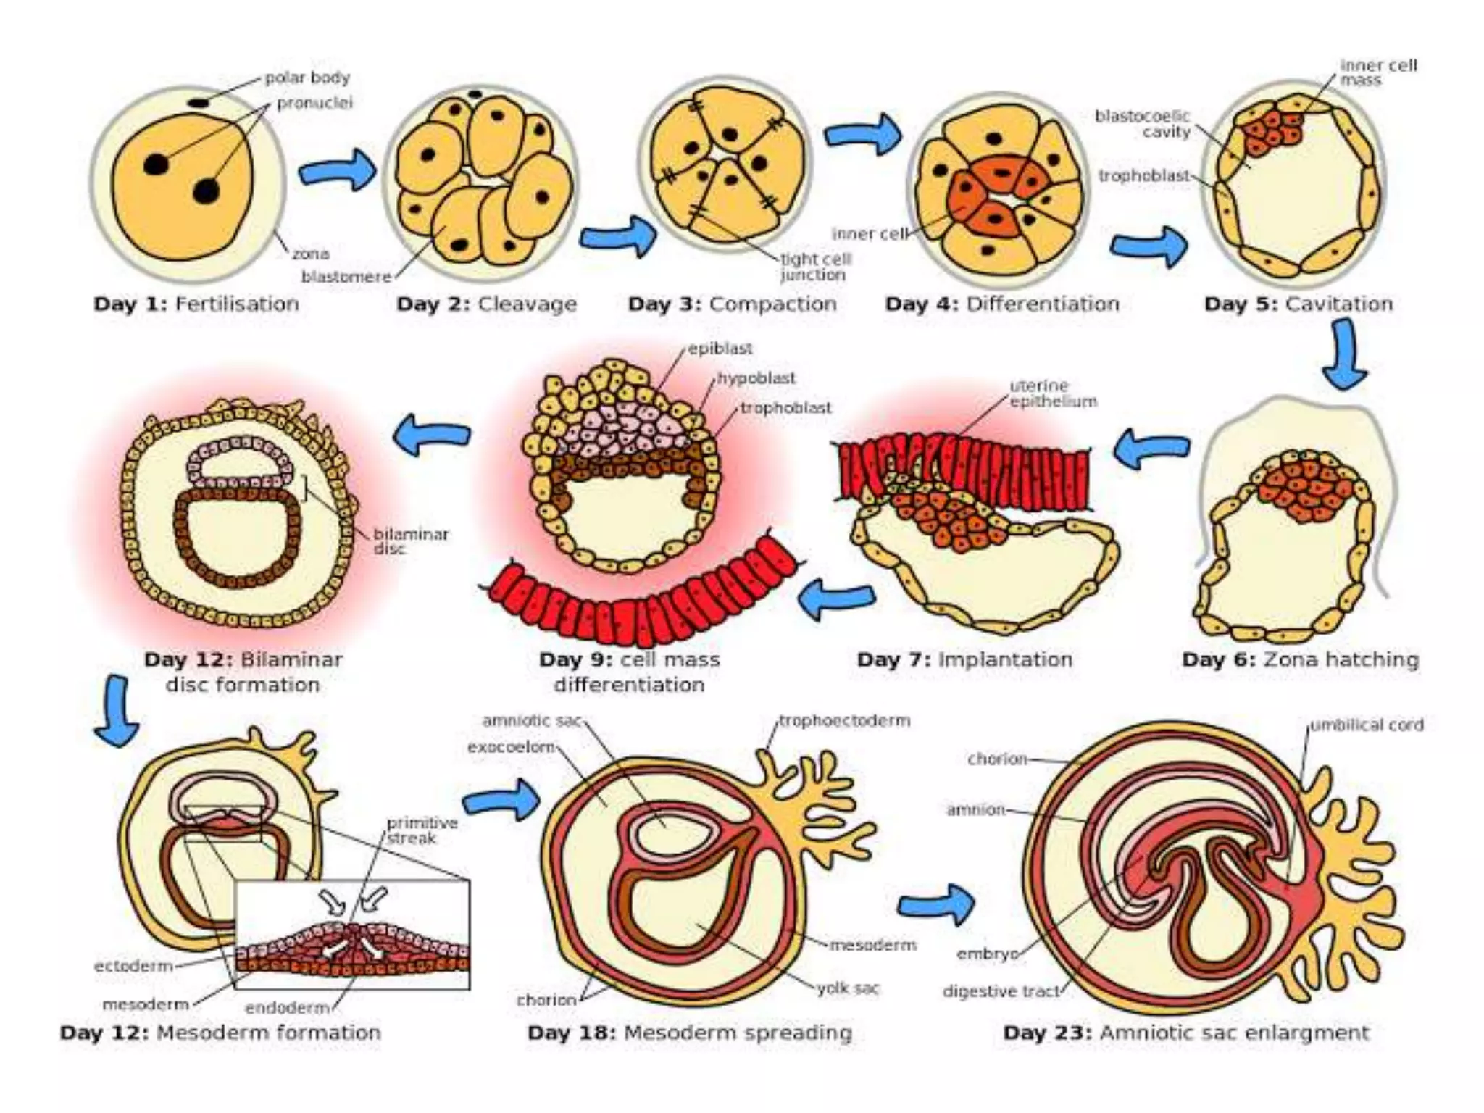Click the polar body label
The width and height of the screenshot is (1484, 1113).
point(307,78)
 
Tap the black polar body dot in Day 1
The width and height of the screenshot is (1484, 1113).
point(199,104)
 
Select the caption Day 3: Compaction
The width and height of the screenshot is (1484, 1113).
point(732,304)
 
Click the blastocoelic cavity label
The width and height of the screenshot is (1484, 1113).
point(1143,124)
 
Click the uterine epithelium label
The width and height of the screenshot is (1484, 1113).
point(1052,393)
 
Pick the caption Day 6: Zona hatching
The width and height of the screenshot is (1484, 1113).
point(1300,659)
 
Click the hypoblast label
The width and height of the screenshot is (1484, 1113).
point(756,378)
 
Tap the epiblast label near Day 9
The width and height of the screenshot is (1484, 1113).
point(720,349)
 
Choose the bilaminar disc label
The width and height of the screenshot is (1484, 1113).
point(410,541)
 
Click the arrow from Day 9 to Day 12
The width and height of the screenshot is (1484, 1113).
point(432,434)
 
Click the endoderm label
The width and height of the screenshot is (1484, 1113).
point(287,1007)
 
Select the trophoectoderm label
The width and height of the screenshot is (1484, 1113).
point(844,721)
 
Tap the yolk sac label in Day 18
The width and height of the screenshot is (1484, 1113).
point(847,988)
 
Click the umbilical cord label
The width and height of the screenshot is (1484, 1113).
point(1367,725)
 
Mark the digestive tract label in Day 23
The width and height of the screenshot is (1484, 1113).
point(1001,991)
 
